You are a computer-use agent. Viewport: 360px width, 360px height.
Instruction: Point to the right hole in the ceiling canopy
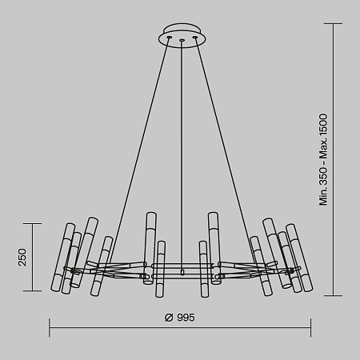point(195,35)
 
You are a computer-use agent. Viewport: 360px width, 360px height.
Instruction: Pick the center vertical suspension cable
point(182,152)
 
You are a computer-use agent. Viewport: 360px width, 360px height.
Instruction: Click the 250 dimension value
point(22,257)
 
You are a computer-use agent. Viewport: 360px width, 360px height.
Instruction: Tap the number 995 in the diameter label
point(186,317)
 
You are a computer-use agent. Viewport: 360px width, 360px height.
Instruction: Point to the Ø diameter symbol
point(169,317)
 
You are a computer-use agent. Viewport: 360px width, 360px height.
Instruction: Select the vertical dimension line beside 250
point(33,257)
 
